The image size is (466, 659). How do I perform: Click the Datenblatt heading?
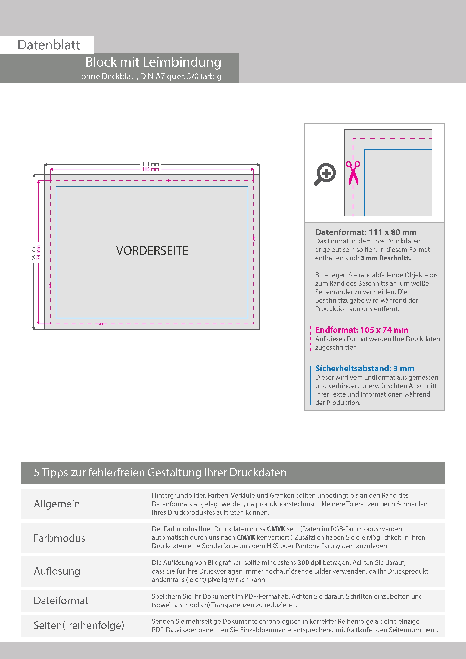pyautogui.click(x=49, y=45)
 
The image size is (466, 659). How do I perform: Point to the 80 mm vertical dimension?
pyautogui.click(x=33, y=252)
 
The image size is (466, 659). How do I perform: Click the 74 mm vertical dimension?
pyautogui.click(x=39, y=252)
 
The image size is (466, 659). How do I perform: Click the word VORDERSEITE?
pyautogui.click(x=152, y=251)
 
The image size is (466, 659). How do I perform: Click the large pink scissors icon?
pyautogui.click(x=353, y=172)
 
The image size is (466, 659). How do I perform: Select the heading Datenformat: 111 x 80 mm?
pyautogui.click(x=365, y=232)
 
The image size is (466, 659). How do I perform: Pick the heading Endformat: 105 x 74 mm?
pyautogui.click(x=362, y=330)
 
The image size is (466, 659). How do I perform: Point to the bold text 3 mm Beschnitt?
pyautogui.click(x=385, y=258)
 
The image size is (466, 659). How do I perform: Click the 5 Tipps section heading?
pyautogui.click(x=160, y=472)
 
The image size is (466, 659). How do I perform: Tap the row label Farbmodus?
pyautogui.click(x=59, y=538)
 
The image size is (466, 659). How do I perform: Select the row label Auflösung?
pyautogui.click(x=57, y=571)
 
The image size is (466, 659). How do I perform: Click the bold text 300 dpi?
pyautogui.click(x=309, y=563)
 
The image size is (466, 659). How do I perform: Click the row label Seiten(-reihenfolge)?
pyautogui.click(x=79, y=625)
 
